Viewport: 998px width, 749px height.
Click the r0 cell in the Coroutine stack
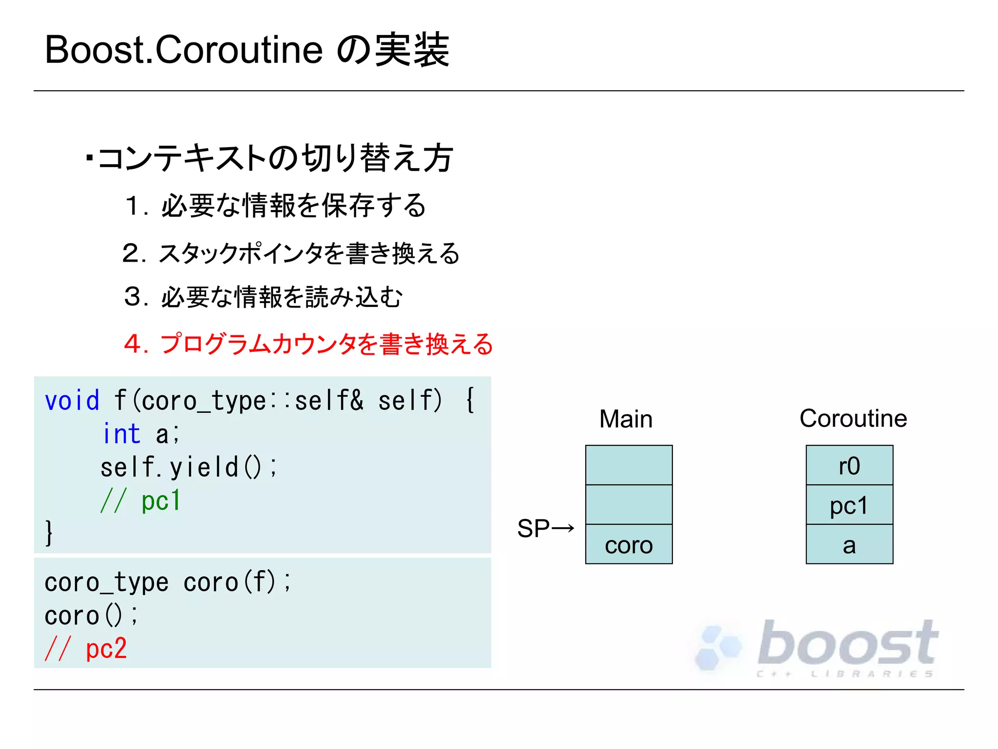[849, 465]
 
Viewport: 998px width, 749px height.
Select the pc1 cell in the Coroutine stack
[849, 505]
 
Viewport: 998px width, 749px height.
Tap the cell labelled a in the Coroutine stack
[849, 545]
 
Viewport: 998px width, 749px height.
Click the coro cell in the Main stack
[629, 545]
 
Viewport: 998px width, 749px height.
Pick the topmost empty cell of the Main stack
[629, 465]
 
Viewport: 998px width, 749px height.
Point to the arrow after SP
[563, 528]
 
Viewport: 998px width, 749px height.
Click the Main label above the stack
[626, 419]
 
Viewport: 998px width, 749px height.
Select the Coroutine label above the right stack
[853, 418]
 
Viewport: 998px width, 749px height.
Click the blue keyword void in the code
[72, 401]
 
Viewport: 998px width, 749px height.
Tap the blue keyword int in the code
[122, 434]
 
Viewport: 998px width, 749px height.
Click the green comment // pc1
[140, 500]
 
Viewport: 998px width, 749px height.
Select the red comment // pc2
[86, 649]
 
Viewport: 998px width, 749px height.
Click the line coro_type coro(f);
[168, 582]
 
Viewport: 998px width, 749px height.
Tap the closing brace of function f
[49, 533]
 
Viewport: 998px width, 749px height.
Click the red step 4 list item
[308, 344]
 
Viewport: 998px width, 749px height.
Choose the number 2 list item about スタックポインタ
[291, 253]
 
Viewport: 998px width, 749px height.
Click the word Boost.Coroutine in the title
[184, 50]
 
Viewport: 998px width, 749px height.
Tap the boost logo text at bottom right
[847, 644]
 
